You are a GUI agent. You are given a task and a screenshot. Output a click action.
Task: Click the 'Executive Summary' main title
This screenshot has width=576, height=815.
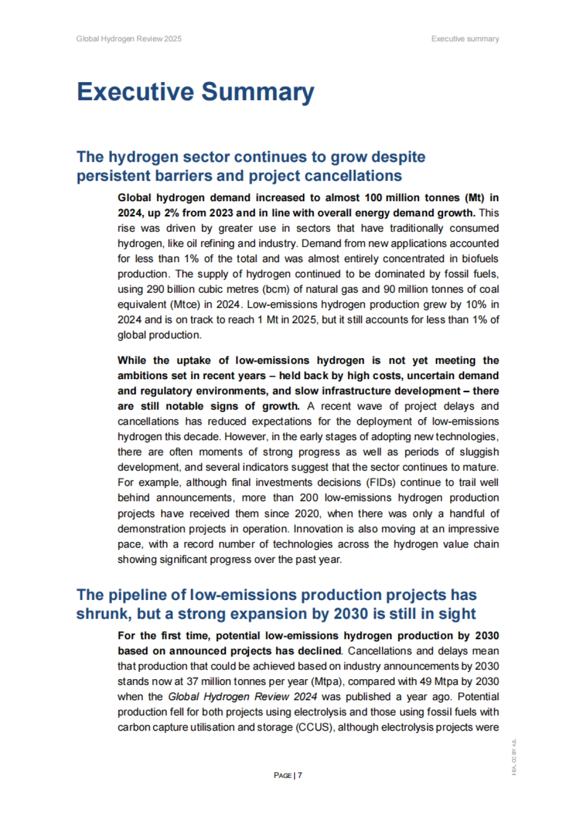tap(195, 92)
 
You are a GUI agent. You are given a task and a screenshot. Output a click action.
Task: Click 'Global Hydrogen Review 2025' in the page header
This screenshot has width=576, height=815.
tap(129, 39)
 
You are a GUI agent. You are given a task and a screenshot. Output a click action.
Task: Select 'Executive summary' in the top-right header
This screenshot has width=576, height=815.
tap(465, 39)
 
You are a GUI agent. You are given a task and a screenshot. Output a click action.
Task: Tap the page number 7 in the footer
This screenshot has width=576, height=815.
tap(300, 775)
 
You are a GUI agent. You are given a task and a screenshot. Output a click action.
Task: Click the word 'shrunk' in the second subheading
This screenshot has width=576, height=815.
tap(101, 614)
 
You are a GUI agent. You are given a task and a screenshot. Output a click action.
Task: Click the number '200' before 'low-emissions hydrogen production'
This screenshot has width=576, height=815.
tap(309, 498)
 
